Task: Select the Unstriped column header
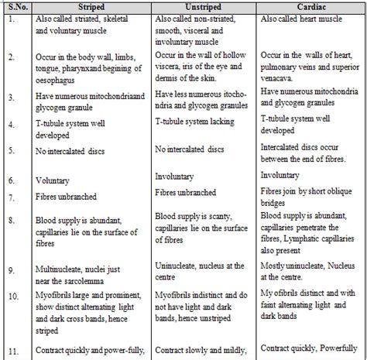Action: pos(201,7)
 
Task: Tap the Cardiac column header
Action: pos(310,7)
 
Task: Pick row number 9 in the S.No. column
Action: pos(11,271)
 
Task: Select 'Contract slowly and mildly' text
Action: pos(203,349)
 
